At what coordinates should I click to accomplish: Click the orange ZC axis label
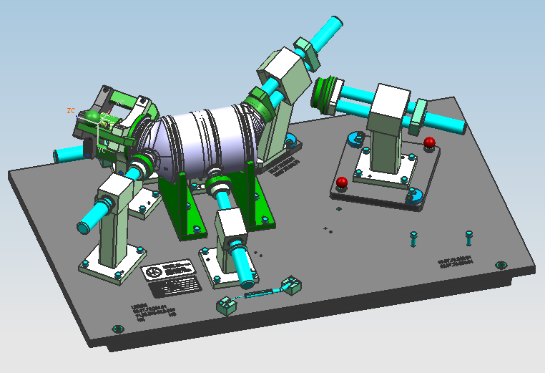(x=71, y=110)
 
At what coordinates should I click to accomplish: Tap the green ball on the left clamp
(x=92, y=116)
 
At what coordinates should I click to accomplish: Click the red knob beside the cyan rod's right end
(x=429, y=142)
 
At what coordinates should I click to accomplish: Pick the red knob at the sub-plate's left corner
(x=342, y=182)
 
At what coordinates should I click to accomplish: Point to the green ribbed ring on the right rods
(x=327, y=95)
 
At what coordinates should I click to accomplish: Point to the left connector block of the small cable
(x=227, y=306)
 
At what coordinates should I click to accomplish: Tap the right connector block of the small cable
(x=291, y=286)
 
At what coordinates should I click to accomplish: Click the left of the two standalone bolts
(x=414, y=238)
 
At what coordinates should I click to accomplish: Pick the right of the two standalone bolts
(x=468, y=236)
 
